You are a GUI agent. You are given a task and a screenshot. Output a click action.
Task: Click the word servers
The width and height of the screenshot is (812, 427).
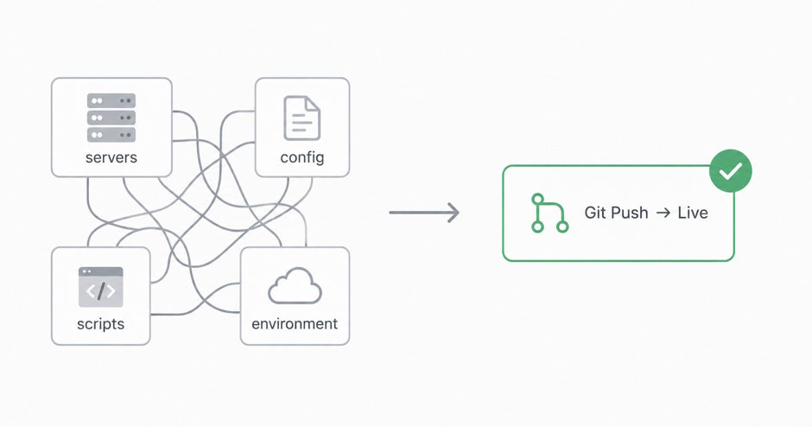[x=111, y=157]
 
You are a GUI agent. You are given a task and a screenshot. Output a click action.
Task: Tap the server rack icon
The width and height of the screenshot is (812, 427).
[x=111, y=118]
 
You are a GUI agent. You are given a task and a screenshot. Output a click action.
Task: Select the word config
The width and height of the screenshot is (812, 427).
[x=302, y=157]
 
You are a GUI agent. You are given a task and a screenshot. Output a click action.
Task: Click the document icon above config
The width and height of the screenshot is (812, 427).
[x=302, y=118]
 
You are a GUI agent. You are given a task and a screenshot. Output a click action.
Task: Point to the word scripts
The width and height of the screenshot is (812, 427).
[x=100, y=324]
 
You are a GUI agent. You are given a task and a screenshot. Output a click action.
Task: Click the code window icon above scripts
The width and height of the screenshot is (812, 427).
[x=100, y=287]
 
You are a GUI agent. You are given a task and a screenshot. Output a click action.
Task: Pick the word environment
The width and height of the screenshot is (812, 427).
[x=295, y=324]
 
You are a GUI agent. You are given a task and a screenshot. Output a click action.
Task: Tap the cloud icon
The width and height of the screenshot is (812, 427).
[x=295, y=285]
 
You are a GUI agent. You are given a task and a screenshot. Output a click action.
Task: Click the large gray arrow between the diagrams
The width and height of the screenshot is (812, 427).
[x=424, y=213]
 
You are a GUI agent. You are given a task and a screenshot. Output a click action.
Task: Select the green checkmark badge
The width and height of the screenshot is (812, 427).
[x=730, y=171]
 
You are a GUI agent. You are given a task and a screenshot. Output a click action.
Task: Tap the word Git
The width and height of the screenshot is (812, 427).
[x=595, y=213]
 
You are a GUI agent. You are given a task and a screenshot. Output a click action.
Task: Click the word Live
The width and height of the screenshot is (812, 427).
[x=693, y=213]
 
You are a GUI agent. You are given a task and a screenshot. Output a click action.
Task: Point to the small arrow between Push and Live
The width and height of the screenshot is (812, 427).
[x=663, y=213]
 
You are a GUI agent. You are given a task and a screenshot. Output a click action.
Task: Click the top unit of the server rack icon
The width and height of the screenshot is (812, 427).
[x=111, y=100]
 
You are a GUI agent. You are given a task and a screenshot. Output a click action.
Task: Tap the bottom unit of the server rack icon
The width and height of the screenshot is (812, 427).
[x=111, y=135]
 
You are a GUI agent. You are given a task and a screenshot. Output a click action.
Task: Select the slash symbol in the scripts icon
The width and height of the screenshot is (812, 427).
[x=101, y=291]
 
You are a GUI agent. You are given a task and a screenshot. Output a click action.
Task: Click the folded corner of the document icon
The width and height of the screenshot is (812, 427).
[x=312, y=104]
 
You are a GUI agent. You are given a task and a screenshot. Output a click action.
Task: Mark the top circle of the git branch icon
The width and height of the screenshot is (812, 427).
[x=537, y=199]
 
